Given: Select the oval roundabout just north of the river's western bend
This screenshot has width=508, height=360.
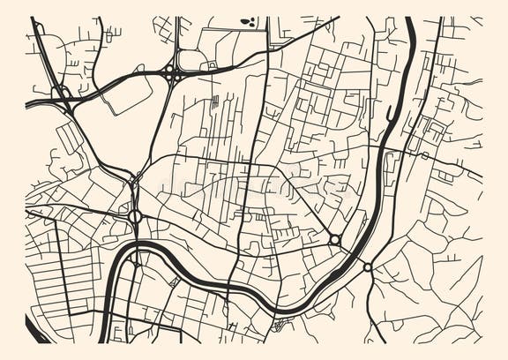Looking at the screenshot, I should click(135, 215).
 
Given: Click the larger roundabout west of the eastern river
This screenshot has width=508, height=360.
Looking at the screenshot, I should click(335, 239).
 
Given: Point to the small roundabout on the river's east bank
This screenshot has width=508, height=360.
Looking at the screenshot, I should click(367, 266).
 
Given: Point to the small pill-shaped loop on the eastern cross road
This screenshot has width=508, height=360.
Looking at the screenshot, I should click(424, 156).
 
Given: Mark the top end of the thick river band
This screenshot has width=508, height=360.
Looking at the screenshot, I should click(411, 22).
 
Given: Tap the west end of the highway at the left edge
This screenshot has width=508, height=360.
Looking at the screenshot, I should click(29, 104).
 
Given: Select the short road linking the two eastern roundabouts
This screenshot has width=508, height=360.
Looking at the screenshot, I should click(352, 253).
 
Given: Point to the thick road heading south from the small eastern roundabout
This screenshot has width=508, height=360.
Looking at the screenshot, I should click(370, 304).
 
